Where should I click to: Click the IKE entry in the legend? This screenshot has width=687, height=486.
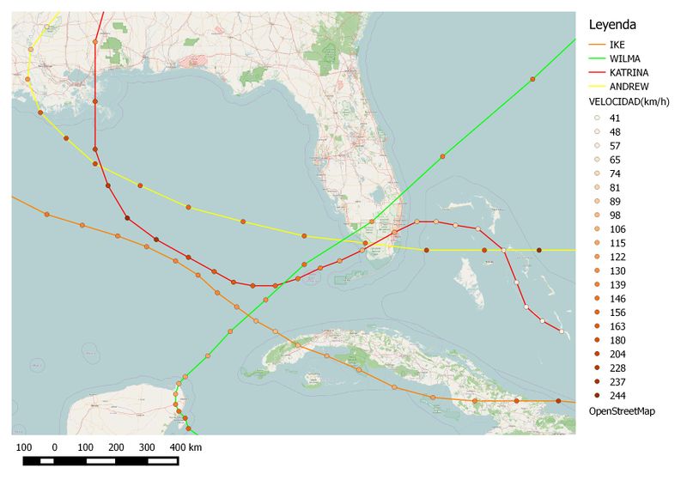617,44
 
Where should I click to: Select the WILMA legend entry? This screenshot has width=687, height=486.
624,58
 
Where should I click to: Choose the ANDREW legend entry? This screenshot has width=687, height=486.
629,86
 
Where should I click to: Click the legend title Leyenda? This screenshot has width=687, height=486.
611,25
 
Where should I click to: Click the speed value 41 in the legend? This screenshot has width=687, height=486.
615,118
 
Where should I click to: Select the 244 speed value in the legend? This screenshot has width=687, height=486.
617,396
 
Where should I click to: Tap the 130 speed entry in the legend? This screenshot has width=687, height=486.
617,270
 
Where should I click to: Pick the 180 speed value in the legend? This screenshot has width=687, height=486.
617,340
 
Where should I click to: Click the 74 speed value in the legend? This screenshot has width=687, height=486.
615,173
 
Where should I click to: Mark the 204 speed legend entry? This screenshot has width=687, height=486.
617,354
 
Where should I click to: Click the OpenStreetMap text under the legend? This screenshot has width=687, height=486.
622,411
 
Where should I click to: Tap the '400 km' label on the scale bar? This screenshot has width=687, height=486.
185,447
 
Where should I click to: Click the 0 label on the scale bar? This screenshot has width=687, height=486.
55,447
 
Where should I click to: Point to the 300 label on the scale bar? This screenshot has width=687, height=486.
147,447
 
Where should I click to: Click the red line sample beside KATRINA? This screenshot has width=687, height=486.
596,72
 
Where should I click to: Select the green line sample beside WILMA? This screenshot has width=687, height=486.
596,58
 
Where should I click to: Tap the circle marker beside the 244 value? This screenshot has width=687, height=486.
597,396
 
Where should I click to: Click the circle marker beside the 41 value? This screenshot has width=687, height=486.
597,118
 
